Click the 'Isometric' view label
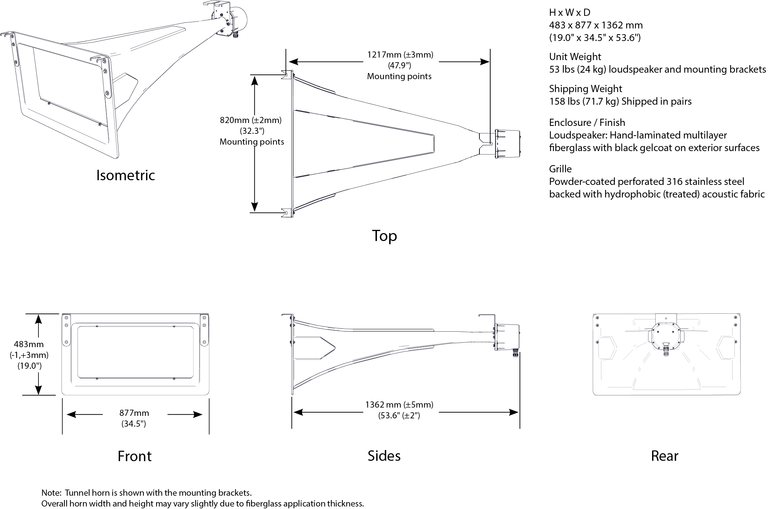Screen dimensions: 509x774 click(126, 175)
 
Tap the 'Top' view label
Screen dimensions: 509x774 click(384, 236)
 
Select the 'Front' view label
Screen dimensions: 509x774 click(135, 456)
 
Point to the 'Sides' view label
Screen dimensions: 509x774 click(384, 456)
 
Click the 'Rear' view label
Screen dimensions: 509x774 click(664, 456)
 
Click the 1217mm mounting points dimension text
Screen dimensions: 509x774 click(400, 55)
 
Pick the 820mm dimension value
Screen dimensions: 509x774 click(251, 120)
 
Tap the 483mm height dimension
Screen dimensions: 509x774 click(29, 344)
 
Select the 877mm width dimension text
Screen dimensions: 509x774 click(134, 413)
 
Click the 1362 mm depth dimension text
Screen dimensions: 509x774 click(399, 405)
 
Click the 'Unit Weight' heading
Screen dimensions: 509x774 click(575, 57)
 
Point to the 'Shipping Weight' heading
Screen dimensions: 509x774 click(585, 89)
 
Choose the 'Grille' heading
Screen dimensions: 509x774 click(560, 169)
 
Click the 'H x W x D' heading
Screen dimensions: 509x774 click(569, 13)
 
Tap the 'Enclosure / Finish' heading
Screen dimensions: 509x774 click(587, 123)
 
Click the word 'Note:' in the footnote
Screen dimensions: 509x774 click(51, 493)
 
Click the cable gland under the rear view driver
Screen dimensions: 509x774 click(666, 350)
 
